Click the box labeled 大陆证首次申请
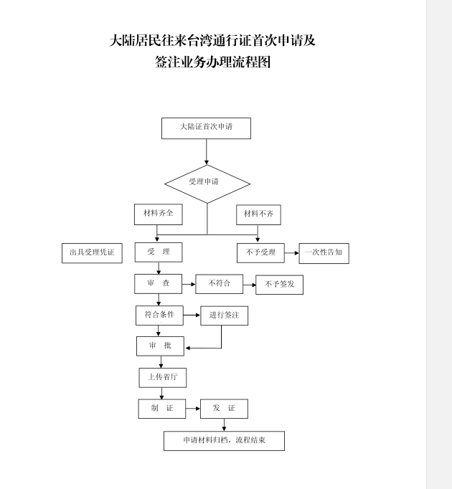(x=206, y=128)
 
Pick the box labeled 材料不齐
(x=258, y=214)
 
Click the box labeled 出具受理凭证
(x=92, y=253)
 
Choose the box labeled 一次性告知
(x=324, y=253)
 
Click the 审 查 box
(x=159, y=284)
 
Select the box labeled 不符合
(x=220, y=284)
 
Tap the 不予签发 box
(x=280, y=285)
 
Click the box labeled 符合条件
(x=159, y=315)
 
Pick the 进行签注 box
(x=224, y=315)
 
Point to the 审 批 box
(x=160, y=346)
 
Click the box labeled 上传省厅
(x=162, y=377)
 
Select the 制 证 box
(x=161, y=409)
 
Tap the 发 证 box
(x=224, y=409)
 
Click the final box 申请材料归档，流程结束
(x=224, y=440)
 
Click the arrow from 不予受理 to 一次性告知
(x=291, y=253)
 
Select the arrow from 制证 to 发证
(x=192, y=409)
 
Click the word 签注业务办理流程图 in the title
(x=213, y=62)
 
